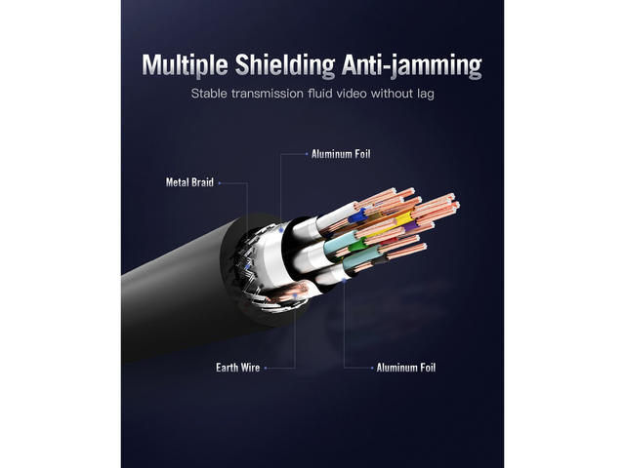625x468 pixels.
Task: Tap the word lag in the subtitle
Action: (423, 96)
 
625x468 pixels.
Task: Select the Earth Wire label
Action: (237, 368)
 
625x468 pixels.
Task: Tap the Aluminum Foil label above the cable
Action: (341, 154)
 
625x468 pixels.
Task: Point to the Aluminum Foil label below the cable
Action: (406, 368)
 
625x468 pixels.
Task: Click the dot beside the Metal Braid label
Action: (220, 181)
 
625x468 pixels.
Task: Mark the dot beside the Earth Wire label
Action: (266, 368)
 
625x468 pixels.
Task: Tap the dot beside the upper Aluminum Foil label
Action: (306, 154)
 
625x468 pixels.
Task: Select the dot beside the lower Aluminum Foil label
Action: (372, 368)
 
